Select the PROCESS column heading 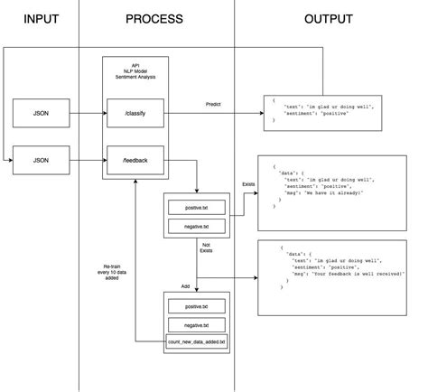coord(154,18)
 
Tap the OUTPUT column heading coord(329,18)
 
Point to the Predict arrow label coord(214,104)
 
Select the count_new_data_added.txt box coord(196,342)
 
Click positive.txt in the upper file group coord(195,208)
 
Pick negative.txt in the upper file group coord(195,226)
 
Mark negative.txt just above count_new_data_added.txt coord(195,324)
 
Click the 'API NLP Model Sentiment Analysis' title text coord(135,72)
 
